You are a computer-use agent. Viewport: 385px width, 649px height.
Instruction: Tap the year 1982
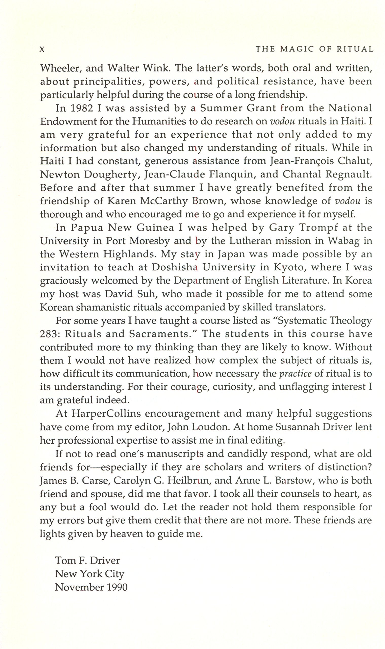[82, 108]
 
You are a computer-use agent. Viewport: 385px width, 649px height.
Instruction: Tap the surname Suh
[144, 294]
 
